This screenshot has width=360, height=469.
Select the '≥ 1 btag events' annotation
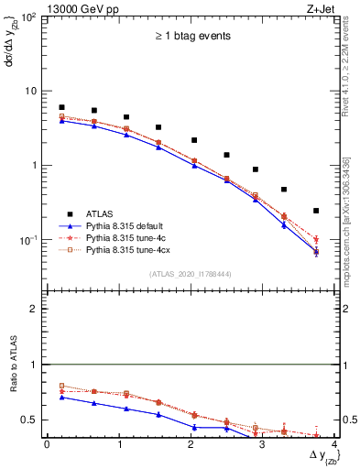(191, 37)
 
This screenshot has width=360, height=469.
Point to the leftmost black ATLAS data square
(61, 107)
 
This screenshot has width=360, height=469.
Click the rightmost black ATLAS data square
(316, 211)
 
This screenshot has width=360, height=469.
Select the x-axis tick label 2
(191, 444)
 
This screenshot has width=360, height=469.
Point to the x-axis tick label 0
(47, 444)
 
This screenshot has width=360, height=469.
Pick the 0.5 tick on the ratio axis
(32, 420)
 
